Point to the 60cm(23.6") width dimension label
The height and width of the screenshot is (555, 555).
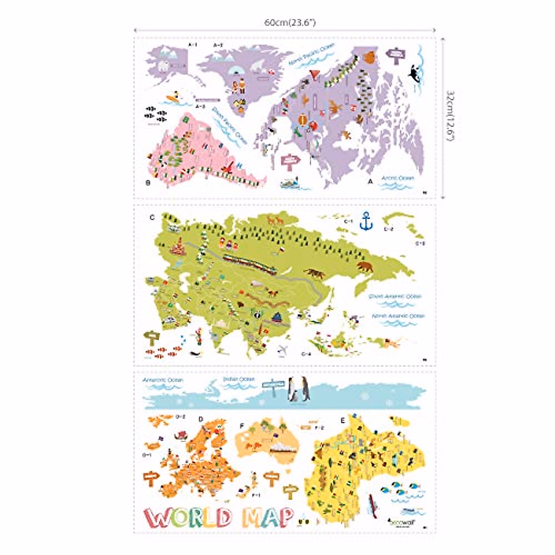pos(290,22)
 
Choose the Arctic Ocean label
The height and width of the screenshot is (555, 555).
pos(398,178)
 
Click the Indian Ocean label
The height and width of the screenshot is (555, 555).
pos(239,379)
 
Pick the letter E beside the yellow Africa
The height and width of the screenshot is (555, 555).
pos(342,420)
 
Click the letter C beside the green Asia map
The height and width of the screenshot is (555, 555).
pos(152,217)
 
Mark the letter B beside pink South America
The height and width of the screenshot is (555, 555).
pos(148,183)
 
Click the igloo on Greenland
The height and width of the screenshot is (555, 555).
pos(235,71)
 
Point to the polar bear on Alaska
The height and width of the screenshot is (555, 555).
pos(164,67)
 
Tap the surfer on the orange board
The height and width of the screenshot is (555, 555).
pos(173,99)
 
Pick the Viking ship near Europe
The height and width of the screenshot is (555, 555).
pos(180,435)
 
